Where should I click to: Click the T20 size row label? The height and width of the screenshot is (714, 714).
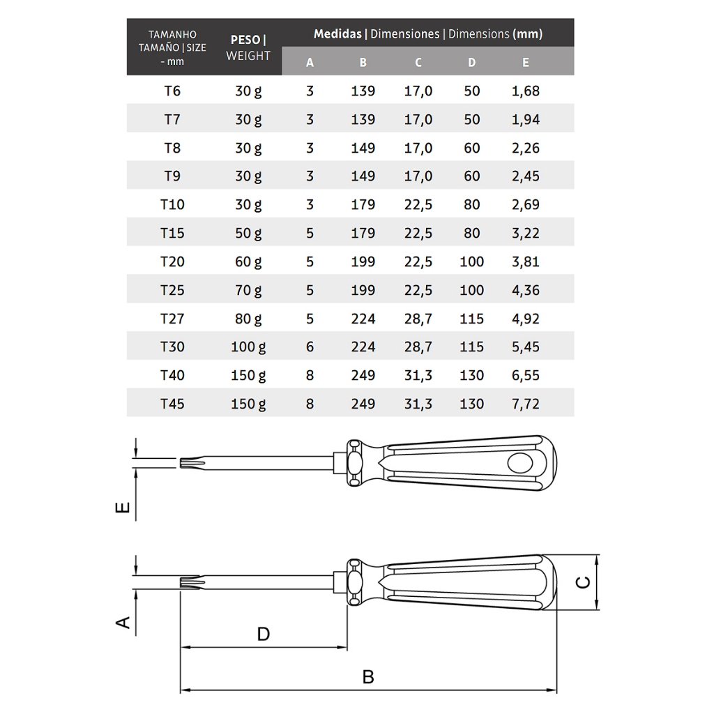click(172, 262)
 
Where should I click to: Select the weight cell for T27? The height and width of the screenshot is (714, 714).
click(248, 319)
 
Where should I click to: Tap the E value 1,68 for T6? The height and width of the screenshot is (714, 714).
click(526, 91)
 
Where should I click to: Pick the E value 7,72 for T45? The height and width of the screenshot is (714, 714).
click(526, 404)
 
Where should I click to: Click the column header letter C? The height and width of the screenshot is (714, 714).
click(418, 62)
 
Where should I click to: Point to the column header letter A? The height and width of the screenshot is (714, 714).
click(310, 62)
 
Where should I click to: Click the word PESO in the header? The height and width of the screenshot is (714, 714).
click(245, 40)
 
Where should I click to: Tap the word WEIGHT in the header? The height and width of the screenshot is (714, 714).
click(248, 56)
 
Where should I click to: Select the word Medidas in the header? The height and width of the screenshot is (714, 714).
click(337, 33)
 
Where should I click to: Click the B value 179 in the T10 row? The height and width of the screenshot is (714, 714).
click(363, 205)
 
